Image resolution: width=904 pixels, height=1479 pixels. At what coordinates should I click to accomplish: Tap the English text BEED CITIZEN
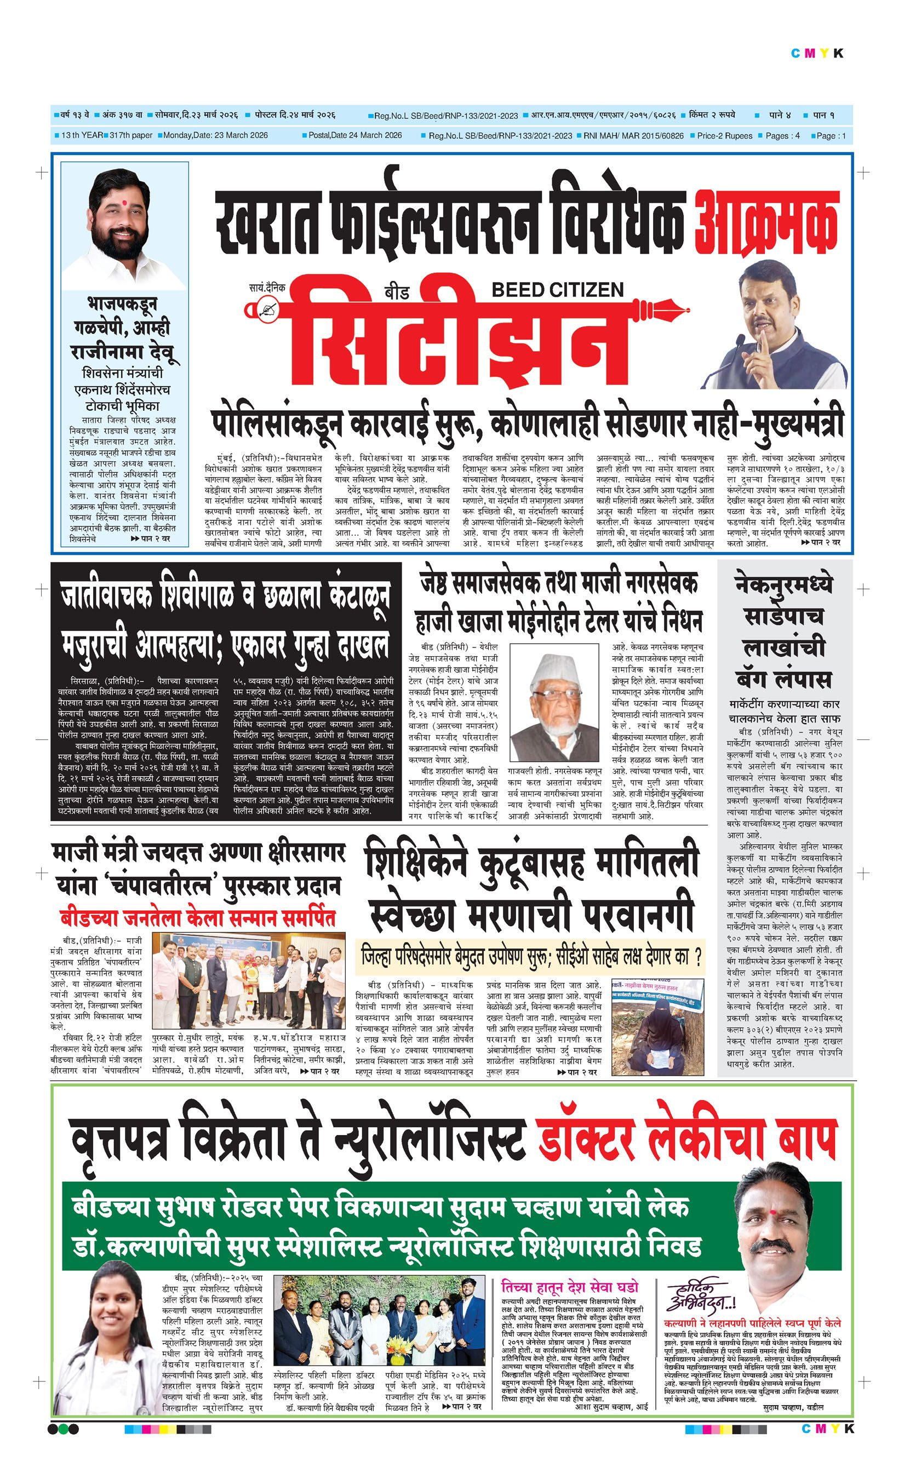click(558, 290)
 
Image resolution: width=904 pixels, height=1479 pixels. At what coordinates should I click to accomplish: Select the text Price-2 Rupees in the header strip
click(724, 136)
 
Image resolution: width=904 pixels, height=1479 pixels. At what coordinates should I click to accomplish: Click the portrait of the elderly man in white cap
click(553, 700)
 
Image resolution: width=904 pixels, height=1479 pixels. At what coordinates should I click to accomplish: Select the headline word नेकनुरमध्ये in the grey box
click(784, 585)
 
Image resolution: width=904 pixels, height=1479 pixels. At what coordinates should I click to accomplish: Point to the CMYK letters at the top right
click(817, 54)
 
